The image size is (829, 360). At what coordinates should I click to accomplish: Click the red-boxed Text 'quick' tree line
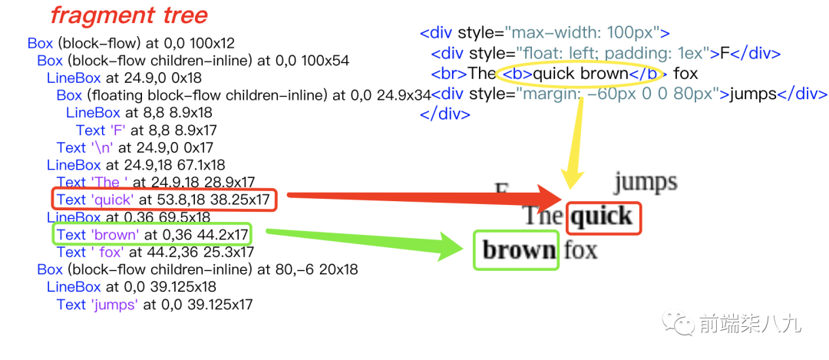pos(163,200)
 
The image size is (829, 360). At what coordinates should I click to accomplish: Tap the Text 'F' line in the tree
pos(146,130)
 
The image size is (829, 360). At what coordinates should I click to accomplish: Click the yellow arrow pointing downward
pos(575,138)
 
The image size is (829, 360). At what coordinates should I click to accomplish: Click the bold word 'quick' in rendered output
pos(603,216)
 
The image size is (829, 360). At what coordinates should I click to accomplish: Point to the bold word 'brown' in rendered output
pos(518,250)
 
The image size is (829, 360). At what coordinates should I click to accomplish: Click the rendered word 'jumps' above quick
pos(645,182)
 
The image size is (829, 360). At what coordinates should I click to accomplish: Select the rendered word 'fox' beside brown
pos(580,249)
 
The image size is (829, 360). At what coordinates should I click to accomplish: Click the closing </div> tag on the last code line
pos(445,114)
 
